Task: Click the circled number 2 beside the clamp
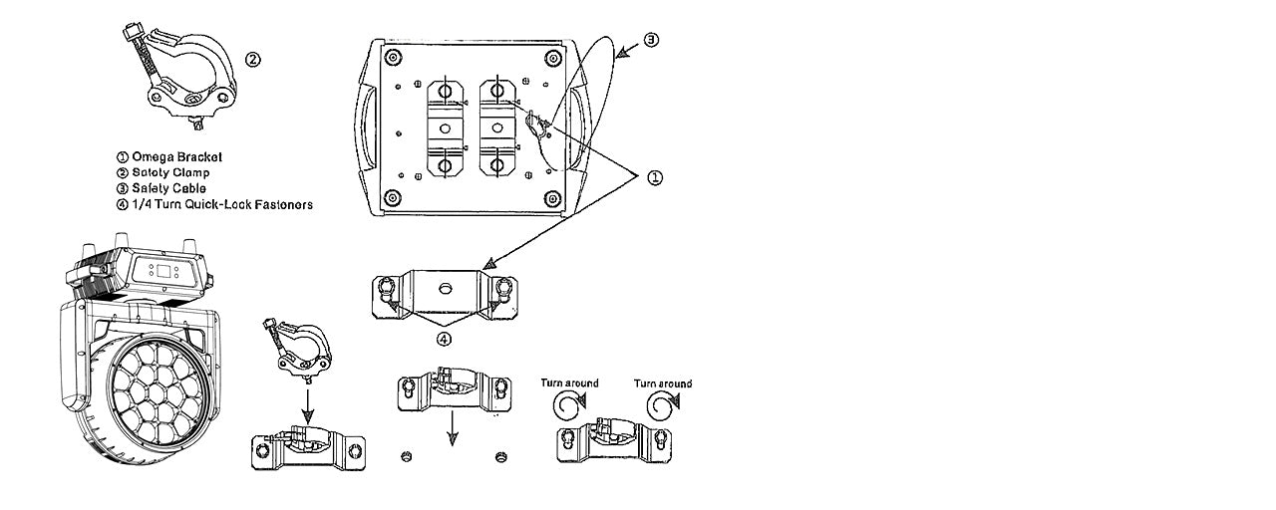253,59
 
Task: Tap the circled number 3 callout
651,40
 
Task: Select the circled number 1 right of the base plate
655,177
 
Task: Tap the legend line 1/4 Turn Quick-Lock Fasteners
214,204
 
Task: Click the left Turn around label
569,383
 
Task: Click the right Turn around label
663,383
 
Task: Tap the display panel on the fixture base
161,270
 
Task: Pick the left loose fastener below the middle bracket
406,456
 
